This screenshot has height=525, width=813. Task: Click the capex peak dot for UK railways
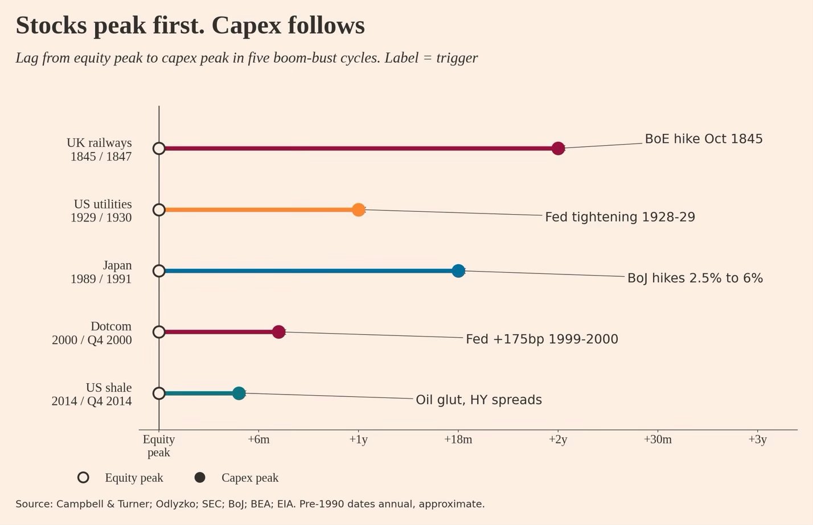(558, 148)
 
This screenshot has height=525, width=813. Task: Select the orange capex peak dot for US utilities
(358, 210)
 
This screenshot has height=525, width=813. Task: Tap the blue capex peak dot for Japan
(458, 270)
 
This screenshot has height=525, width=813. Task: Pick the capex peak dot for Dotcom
(278, 332)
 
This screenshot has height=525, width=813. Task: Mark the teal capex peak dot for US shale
(239, 393)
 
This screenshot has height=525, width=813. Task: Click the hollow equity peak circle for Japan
(159, 270)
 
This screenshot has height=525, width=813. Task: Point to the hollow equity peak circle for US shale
(159, 393)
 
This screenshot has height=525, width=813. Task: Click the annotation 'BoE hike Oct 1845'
(704, 139)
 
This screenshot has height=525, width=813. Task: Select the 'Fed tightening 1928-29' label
(620, 217)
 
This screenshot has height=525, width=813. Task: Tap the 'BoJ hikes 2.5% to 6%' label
(695, 278)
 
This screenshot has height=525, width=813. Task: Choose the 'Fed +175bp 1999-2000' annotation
(542, 339)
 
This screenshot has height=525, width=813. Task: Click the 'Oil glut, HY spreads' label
(479, 400)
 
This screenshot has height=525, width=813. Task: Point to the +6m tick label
(258, 440)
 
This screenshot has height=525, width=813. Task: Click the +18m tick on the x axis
(458, 440)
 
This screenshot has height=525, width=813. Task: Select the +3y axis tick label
(757, 440)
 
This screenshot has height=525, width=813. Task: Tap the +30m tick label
(658, 440)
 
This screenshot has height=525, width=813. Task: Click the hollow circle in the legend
(84, 477)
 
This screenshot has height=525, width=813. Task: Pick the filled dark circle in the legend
(200, 477)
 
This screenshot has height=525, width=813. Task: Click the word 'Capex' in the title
(247, 26)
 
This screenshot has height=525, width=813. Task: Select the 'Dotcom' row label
(111, 326)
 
